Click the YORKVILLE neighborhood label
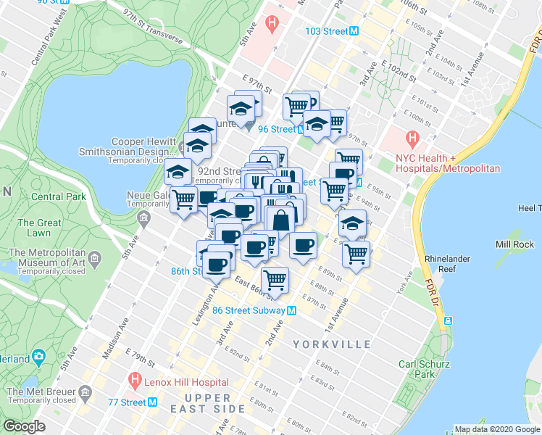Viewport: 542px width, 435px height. point(333,344)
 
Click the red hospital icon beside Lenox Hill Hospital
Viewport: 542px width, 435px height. point(134,378)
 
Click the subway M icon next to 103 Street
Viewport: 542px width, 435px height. point(354,31)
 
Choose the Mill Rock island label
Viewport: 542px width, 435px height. point(514,244)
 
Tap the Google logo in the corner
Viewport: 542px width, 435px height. point(24,426)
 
